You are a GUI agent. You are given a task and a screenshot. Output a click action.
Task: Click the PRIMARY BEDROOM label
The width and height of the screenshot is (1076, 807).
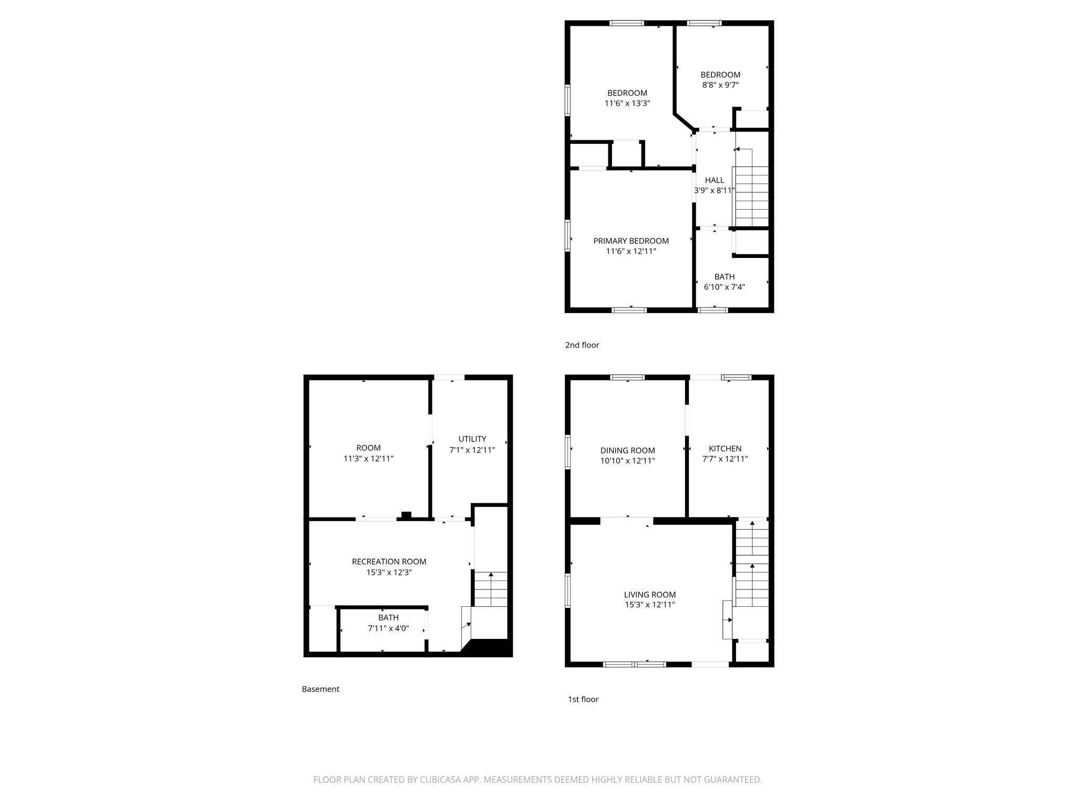[630, 241]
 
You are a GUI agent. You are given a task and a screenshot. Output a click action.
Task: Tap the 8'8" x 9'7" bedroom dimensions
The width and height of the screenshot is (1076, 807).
[720, 85]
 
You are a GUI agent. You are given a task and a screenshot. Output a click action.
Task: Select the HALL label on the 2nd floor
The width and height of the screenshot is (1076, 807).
[714, 180]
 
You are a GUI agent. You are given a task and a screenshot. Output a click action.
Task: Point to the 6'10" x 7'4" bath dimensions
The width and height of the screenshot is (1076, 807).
[724, 287]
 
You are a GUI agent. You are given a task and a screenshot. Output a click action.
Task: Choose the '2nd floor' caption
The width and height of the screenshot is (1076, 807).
[582, 345]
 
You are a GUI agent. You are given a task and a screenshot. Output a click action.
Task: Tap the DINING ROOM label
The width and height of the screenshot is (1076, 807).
[627, 451]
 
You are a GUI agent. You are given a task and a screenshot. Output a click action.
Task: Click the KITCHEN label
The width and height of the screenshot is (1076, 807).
[725, 449]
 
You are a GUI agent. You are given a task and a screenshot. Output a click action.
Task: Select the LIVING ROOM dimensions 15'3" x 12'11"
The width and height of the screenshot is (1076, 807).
[649, 605]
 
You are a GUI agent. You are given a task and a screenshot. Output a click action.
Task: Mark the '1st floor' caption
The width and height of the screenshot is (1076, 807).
[583, 699]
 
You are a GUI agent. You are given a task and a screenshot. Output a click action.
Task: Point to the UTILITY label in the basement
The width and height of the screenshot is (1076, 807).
[472, 439]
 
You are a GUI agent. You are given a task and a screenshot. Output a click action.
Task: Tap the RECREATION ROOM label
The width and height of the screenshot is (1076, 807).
[389, 562]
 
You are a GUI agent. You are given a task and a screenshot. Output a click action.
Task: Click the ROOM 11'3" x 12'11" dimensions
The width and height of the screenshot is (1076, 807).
[368, 459]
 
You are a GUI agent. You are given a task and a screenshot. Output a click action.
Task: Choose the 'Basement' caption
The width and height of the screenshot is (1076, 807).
[320, 689]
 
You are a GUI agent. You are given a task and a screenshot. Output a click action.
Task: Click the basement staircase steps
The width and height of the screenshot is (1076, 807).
[491, 589]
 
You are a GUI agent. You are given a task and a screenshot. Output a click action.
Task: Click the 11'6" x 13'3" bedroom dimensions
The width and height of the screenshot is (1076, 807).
[627, 104]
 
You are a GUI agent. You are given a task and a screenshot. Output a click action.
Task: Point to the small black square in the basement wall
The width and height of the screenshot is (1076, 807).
[406, 515]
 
